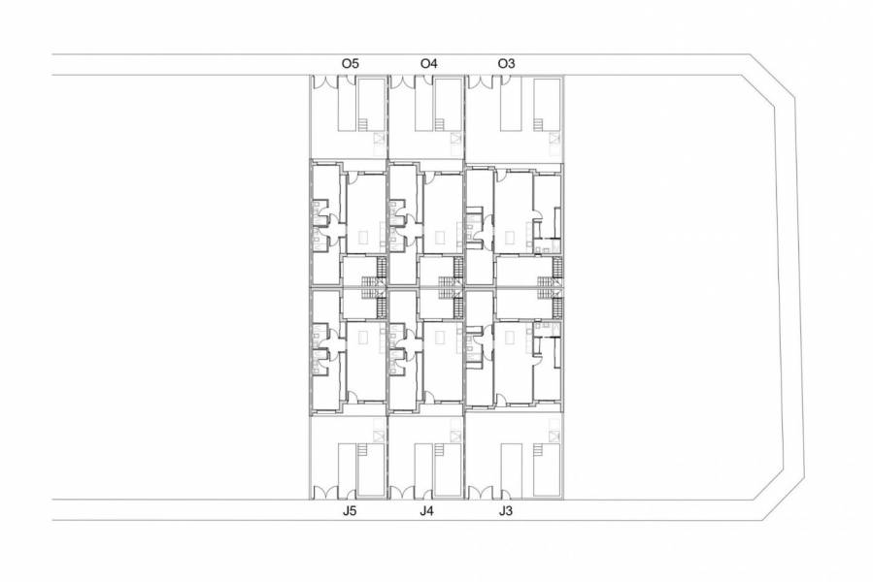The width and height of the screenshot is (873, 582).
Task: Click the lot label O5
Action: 351,63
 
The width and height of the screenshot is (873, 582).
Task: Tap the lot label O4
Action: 428,63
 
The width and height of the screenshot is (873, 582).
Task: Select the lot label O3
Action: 506,63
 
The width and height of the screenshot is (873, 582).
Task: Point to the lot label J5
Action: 351,510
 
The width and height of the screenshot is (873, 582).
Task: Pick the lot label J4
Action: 427,510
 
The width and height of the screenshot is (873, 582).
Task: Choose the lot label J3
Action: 505,510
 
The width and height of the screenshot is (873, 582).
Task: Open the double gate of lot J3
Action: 483,490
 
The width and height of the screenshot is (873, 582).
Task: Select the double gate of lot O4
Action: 405,83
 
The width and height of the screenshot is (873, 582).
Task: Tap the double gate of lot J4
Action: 405,490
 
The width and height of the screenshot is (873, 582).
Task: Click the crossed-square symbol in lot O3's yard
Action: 554,141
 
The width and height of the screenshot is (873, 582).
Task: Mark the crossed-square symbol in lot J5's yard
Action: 380,434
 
